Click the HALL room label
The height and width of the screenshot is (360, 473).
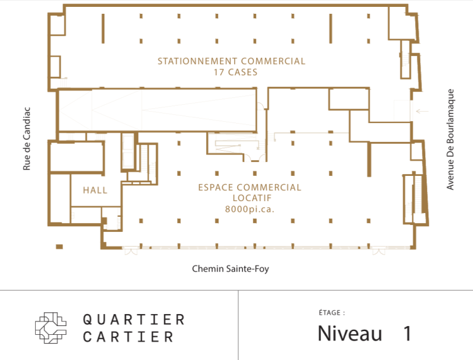point(95,190)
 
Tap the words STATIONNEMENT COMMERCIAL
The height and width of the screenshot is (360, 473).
point(231,62)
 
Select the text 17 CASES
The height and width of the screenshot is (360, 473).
point(231,72)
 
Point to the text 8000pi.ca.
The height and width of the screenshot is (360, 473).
point(249,209)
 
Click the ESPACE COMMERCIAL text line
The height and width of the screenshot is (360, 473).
point(249,187)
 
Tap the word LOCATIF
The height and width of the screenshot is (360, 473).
point(249,198)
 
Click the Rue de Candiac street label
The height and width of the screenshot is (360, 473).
point(26,146)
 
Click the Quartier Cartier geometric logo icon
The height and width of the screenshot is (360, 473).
point(51,327)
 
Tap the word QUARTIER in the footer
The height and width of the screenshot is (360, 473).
point(134,319)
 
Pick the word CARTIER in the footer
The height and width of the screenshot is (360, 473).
point(128,337)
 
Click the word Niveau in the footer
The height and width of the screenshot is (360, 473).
point(349,333)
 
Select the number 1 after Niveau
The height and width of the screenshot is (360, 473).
point(407,333)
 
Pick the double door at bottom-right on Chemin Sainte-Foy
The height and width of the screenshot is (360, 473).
point(378,251)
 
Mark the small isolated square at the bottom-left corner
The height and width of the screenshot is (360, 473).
point(60,246)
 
